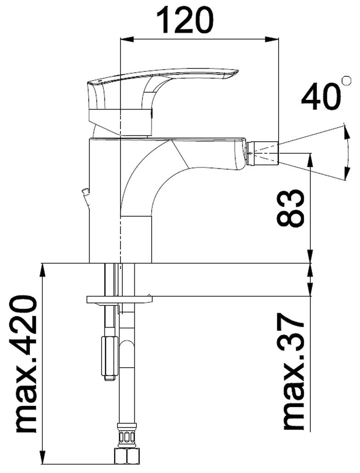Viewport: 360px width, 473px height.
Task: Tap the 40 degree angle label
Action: click(321, 97)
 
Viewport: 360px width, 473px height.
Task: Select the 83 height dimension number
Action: click(290, 208)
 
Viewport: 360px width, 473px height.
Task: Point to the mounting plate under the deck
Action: click(120, 300)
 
